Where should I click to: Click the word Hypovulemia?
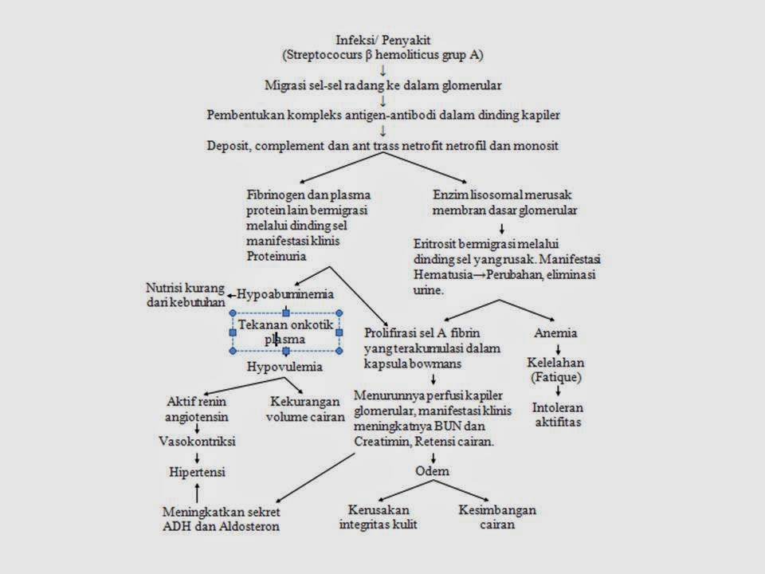click(284, 367)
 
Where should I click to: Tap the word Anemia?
click(555, 332)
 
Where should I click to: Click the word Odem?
click(433, 470)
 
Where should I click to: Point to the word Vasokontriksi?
click(196, 440)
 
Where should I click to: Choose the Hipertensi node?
click(196, 472)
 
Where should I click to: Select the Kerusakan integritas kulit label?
click(378, 517)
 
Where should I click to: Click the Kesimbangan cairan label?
click(497, 517)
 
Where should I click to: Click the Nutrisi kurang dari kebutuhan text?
click(185, 294)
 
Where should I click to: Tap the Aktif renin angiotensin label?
click(196, 407)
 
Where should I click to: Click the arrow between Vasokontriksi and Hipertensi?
click(196, 456)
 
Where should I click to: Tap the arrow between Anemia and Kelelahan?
click(557, 348)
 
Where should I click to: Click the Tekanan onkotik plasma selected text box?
click(286, 332)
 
